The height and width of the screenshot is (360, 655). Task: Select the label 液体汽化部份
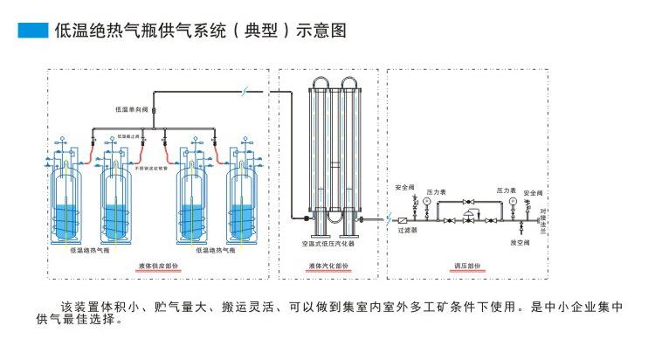[329, 266]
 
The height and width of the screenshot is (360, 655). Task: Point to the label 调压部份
[467, 266]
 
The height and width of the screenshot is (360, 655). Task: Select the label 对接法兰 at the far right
[543, 218]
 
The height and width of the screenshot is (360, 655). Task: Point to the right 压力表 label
[507, 189]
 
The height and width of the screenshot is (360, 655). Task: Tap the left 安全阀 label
[404, 186]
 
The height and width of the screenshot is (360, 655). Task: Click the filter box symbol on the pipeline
[404, 221]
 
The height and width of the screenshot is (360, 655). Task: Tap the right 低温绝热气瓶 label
[213, 249]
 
